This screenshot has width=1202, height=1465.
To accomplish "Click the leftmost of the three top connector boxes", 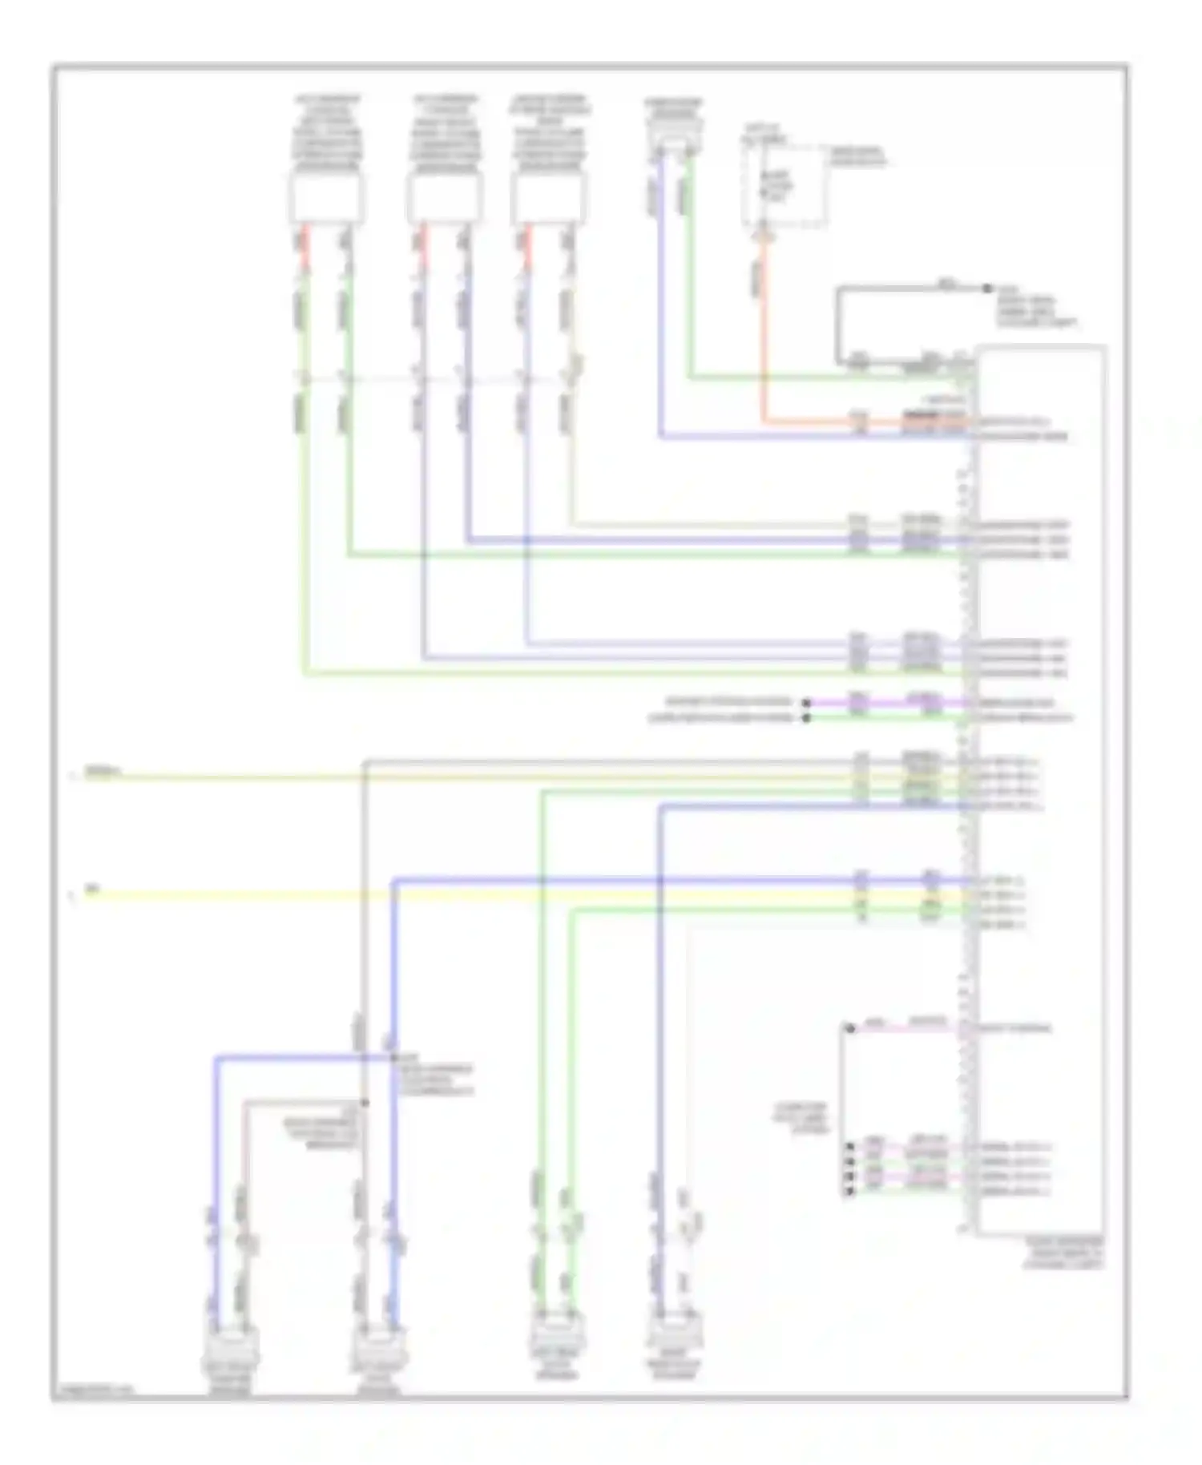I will (326, 198).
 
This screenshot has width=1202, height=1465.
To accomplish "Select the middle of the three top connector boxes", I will (445, 198).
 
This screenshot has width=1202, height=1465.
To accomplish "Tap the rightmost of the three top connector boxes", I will (549, 198).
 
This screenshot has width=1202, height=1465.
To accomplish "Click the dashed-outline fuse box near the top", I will (783, 186).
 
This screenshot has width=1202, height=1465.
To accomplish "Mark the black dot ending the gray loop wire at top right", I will (987, 288).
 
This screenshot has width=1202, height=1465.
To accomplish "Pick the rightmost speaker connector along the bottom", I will (674, 1333).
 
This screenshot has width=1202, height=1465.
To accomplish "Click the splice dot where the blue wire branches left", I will (393, 1059).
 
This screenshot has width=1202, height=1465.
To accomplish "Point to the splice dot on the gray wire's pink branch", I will (365, 1103).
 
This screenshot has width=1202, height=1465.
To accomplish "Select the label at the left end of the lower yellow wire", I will (93, 890).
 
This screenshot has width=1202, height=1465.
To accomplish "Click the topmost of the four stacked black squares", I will (849, 1147).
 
